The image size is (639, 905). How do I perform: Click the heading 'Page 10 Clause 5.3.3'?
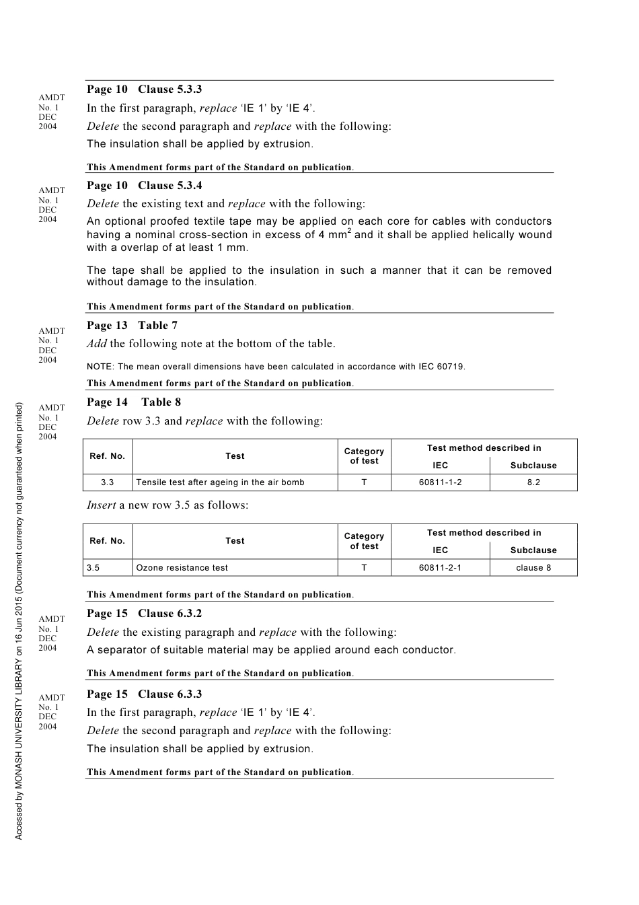tap(144, 89)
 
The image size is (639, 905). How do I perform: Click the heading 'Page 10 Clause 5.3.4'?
tap(144, 186)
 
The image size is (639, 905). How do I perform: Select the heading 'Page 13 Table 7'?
tap(132, 326)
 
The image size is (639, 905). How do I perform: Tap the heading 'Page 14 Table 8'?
tap(134, 402)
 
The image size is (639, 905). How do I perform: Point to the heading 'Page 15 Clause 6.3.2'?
tap(144, 614)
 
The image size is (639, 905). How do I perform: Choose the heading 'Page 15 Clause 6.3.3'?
tap(144, 694)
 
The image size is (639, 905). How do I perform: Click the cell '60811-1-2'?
tap(440, 482)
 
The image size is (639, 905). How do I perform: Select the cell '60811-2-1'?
tap(440, 568)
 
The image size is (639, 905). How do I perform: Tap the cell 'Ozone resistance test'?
tap(182, 568)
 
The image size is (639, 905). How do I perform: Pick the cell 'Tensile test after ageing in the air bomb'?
tap(220, 482)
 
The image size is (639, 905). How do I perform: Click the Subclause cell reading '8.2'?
tap(533, 482)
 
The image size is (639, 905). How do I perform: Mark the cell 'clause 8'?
tap(533, 568)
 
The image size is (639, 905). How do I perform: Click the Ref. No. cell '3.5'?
tap(93, 568)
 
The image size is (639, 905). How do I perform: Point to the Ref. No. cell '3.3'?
tap(107, 482)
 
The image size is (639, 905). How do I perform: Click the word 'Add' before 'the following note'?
tap(96, 344)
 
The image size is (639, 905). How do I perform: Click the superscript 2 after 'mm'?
tap(349, 231)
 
